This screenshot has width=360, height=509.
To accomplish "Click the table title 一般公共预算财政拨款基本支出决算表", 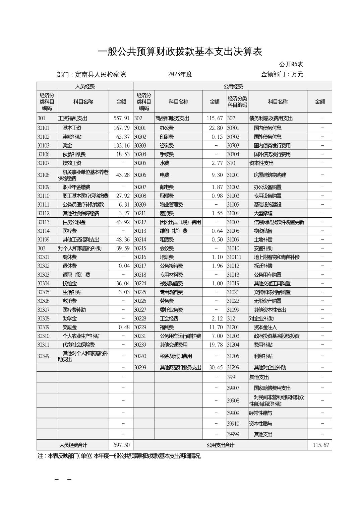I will pyautogui.click(x=180, y=52).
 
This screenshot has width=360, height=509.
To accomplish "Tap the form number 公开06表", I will pyautogui.click(x=291, y=64).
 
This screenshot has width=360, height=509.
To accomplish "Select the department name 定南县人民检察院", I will pyautogui.click(x=100, y=74).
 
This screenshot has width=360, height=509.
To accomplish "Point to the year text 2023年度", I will pyautogui.click(x=180, y=74).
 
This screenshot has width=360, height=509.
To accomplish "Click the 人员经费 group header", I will pyautogui.click(x=84, y=86).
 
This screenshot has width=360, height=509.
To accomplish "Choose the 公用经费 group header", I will pyautogui.click(x=233, y=86).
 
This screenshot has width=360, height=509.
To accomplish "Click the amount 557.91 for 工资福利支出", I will pyautogui.click(x=121, y=118).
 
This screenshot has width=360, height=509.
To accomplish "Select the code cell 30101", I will pyautogui.click(x=43, y=128).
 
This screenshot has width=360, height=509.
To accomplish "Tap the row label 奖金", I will pyautogui.click(x=67, y=146).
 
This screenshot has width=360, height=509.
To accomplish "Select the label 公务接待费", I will pyautogui.click(x=171, y=266).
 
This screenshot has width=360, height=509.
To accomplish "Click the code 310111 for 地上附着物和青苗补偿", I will pyautogui.click(x=234, y=257).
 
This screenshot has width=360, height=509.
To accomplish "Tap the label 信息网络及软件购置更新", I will pyautogui.click(x=279, y=222).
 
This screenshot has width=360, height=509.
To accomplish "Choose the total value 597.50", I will pyautogui.click(x=121, y=445).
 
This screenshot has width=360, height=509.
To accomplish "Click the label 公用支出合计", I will pyautogui.click(x=220, y=445).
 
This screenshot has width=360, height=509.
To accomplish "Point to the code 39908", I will pyautogui.click(x=233, y=401).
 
